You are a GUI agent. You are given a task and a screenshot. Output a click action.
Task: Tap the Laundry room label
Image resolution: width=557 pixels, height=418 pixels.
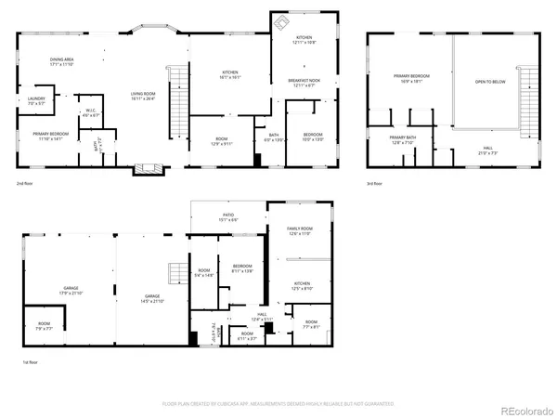pos(36,100)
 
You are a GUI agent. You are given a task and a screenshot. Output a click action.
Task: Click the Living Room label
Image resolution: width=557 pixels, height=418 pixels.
pos(144,97)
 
